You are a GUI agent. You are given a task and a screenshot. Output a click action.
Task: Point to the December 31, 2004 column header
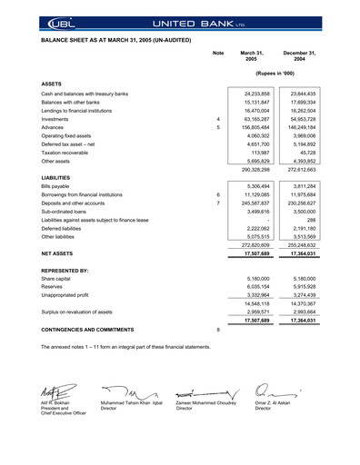tap(300, 56)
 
